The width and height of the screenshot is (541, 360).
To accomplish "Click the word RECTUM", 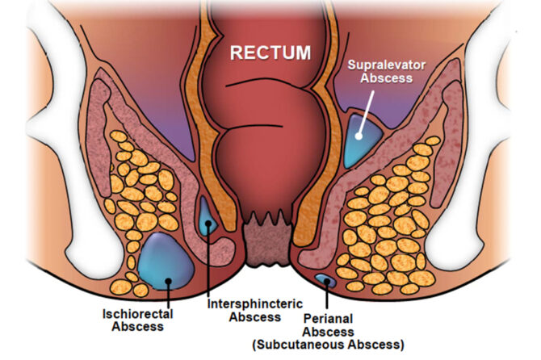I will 270,53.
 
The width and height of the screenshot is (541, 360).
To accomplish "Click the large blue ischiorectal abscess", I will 163,263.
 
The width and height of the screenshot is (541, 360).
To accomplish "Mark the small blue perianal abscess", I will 326,280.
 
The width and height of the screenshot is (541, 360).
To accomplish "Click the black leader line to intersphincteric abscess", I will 210,258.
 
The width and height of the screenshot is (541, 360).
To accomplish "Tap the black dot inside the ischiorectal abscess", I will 169,281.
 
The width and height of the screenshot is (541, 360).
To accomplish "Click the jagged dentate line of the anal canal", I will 267,220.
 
